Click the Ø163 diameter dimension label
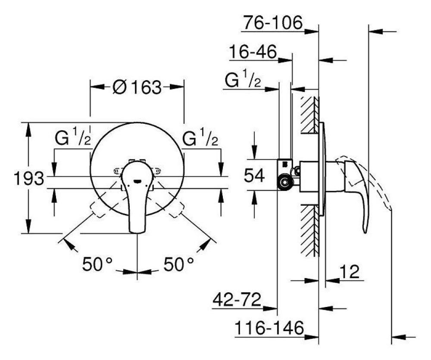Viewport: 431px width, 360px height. (137, 87)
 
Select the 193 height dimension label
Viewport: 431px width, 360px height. (29, 178)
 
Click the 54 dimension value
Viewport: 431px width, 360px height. (254, 175)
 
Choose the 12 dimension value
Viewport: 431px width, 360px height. (350, 272)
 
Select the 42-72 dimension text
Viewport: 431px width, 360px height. (237, 299)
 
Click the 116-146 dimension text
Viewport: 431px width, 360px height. (269, 328)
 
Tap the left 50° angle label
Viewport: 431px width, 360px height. (97, 264)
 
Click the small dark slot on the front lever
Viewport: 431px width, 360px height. (137, 181)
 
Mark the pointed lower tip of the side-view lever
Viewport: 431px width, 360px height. (365, 232)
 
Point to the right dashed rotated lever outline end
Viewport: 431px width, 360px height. (177, 210)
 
